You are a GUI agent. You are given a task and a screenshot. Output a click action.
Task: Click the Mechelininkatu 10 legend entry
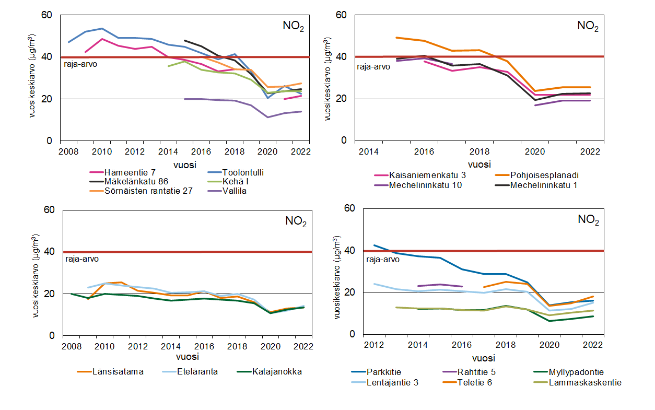[x=426, y=184]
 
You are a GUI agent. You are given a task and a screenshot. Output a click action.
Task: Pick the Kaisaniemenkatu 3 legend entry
[x=426, y=175]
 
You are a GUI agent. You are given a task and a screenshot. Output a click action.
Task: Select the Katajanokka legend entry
[x=277, y=372]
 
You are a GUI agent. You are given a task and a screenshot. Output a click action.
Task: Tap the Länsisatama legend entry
[x=118, y=372]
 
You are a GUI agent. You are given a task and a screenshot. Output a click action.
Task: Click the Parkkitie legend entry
[x=384, y=372]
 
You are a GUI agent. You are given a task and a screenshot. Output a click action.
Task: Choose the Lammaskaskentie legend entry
[x=585, y=382]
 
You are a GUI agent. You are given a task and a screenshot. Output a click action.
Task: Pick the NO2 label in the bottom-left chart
[x=296, y=221]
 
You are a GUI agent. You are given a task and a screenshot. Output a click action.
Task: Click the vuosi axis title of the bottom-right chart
[x=484, y=359]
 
